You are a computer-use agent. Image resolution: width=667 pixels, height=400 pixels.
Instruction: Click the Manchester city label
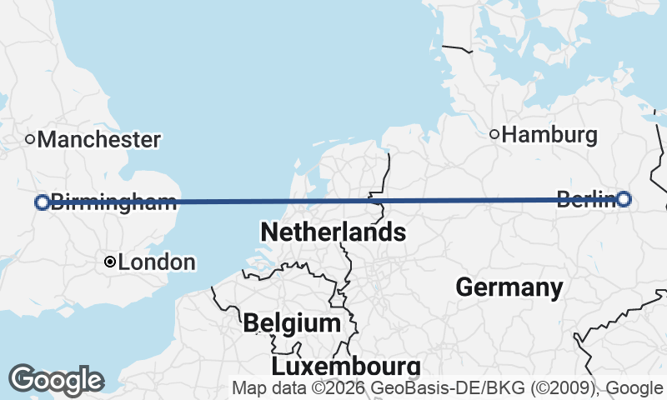(98, 139)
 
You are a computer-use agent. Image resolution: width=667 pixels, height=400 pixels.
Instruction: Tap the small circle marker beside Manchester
(30, 139)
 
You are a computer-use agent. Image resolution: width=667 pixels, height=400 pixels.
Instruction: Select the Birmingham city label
(113, 202)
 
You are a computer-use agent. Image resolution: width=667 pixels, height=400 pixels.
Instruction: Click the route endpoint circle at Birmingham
(42, 202)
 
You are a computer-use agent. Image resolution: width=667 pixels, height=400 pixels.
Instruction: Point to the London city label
(157, 262)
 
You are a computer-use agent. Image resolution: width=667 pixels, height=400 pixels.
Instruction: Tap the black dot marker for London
(109, 262)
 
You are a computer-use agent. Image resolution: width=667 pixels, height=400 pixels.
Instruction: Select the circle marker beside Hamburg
(494, 134)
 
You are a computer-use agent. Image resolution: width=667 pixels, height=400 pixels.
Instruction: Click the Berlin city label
(585, 199)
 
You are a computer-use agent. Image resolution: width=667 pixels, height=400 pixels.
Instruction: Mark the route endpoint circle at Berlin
(624, 198)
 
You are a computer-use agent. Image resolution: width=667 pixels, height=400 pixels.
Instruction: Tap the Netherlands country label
(333, 232)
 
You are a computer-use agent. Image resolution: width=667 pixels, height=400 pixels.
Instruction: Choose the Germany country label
(509, 288)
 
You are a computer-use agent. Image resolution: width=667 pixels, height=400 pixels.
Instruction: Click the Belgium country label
(292, 322)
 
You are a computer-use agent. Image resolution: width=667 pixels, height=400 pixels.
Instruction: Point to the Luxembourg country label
(345, 366)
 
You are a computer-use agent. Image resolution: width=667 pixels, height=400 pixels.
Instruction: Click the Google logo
(56, 380)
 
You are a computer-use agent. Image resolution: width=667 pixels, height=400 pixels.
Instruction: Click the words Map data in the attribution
(261, 387)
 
